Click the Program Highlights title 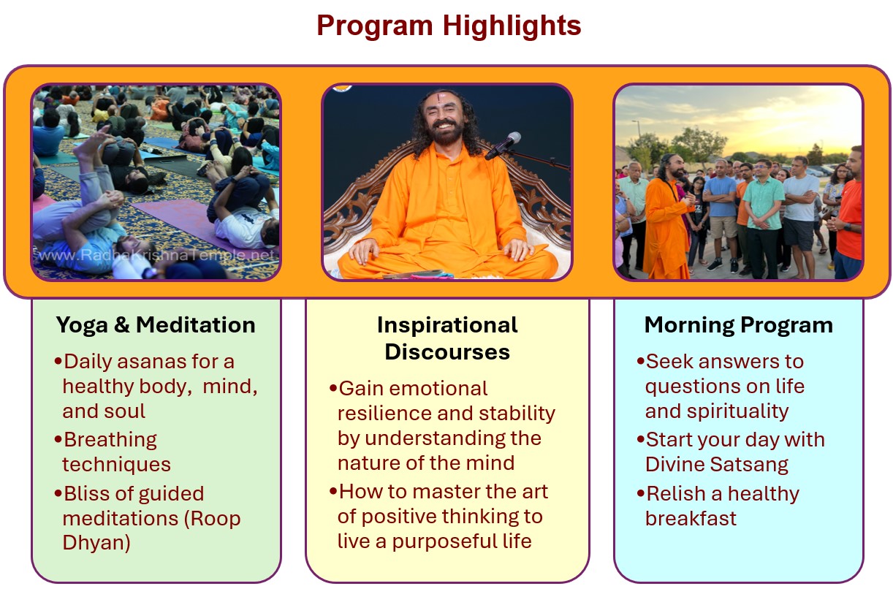[x=449, y=26]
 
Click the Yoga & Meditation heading [x=156, y=324]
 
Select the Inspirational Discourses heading [x=447, y=338]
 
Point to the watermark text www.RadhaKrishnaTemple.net [x=156, y=255]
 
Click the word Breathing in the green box [x=110, y=440]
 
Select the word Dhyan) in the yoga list [x=96, y=542]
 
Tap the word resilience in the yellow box [x=384, y=414]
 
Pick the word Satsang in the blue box [x=749, y=464]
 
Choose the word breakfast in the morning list [x=691, y=519]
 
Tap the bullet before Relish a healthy [x=641, y=494]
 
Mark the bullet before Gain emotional [x=333, y=389]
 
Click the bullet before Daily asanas [x=58, y=362]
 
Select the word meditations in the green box [x=121, y=519]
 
